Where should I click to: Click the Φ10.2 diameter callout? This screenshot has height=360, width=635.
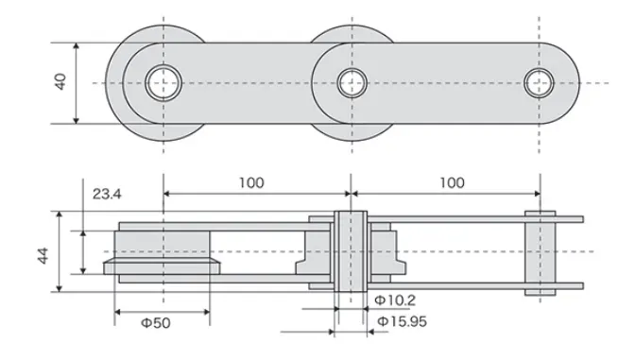394,300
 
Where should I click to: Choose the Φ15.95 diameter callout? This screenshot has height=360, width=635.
403,322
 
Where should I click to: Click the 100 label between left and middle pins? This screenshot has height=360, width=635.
251,182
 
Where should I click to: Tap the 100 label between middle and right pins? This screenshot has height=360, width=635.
451,182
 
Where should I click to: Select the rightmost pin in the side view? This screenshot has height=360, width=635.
540,251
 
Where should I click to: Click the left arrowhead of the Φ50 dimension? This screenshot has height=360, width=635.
117,311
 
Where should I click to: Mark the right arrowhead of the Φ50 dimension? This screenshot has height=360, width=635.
206,311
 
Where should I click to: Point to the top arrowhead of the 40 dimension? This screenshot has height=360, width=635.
76,44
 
